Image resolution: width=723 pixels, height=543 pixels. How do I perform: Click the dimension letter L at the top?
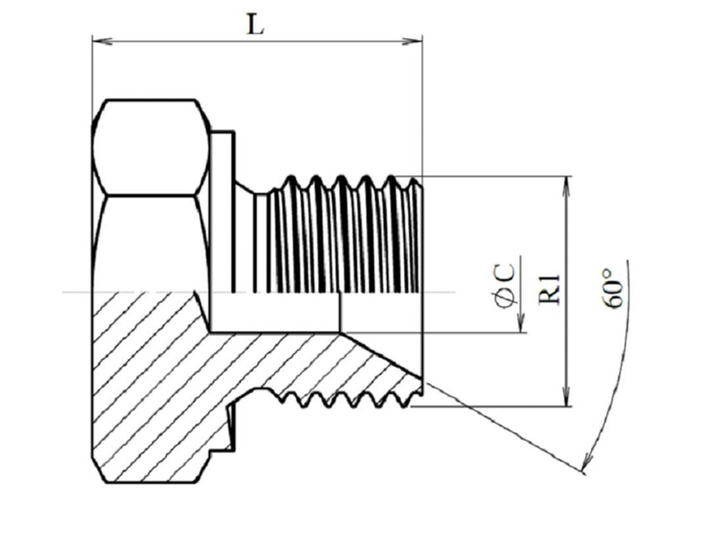pyautogui.click(x=255, y=24)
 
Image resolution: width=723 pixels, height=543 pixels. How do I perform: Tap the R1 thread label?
pyautogui.click(x=549, y=289)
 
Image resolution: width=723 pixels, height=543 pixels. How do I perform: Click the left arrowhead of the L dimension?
pyautogui.click(x=102, y=42)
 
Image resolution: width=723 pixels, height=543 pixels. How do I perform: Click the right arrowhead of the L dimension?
pyautogui.click(x=412, y=42)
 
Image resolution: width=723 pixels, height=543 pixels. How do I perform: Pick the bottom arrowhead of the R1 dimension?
pyautogui.click(x=566, y=396)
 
